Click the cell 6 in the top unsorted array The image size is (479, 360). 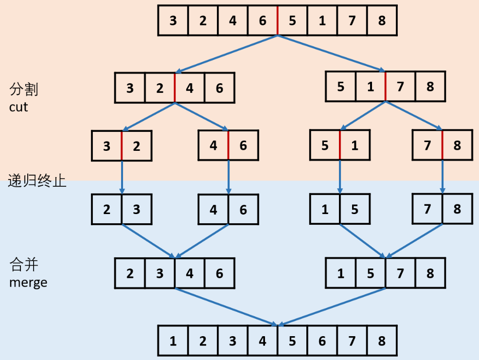263,20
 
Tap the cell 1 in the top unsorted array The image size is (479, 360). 322,20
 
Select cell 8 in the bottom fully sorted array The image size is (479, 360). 382,341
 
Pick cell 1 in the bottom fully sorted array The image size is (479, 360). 173,341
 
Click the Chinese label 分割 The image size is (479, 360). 23,90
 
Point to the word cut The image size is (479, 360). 18,107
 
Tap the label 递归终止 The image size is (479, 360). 37,182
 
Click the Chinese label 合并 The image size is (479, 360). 23,265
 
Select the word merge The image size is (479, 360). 28,282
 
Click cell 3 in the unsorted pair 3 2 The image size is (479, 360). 107,145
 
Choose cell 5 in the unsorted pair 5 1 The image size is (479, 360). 325,145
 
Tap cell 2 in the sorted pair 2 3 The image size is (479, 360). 107,209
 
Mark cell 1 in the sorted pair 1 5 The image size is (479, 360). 325,209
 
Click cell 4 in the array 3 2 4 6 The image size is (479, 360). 190,88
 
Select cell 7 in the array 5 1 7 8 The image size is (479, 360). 400,87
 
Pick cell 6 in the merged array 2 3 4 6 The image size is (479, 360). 219,273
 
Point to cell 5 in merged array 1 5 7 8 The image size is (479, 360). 371,273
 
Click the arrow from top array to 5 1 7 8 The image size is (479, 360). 331,53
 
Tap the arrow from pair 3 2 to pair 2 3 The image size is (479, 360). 122,177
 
